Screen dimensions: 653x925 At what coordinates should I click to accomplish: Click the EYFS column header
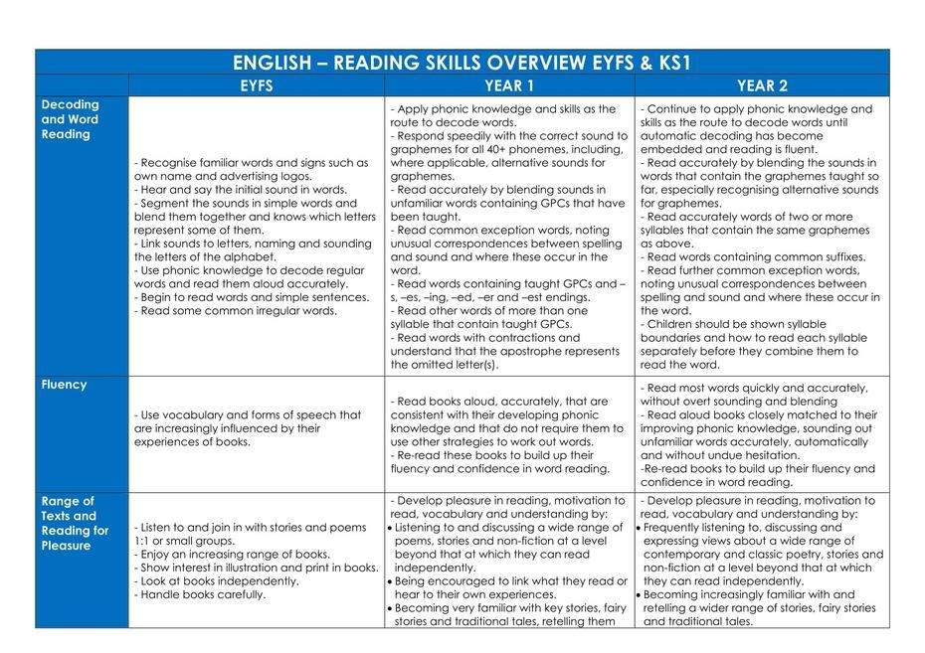pos(257,85)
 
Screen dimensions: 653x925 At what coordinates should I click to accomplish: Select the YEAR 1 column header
pos(509,85)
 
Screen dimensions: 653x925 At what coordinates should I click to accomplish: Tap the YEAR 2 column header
pos(762,85)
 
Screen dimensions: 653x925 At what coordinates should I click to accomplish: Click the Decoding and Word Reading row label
pos(70,119)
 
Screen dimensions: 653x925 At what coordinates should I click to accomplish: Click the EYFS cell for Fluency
pos(258,428)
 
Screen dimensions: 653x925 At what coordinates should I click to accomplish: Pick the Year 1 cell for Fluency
pos(509,428)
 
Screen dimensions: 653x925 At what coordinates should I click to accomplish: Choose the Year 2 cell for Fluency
pos(762,428)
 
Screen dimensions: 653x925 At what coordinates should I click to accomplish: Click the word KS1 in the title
pos(670,63)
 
